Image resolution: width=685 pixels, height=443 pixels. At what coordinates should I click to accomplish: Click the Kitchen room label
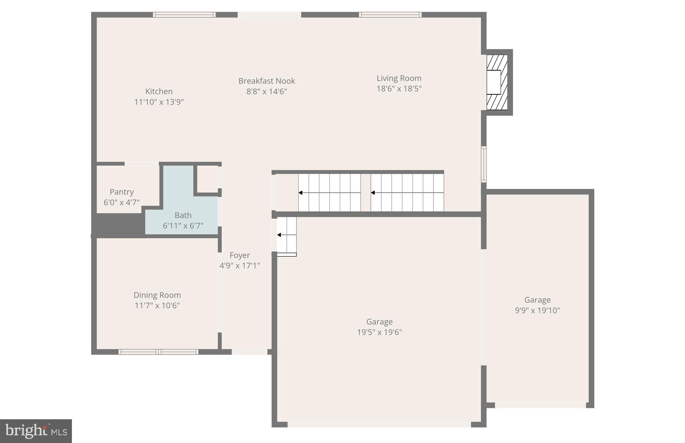coord(159,91)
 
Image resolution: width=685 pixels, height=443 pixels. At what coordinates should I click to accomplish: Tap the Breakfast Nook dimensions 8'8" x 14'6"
coord(267,91)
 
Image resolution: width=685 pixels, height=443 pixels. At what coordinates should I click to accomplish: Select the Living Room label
coord(399,78)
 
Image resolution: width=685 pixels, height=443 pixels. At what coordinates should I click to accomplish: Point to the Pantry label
coord(121,192)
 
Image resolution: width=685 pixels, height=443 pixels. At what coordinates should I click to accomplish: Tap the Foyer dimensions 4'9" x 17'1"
coord(239,265)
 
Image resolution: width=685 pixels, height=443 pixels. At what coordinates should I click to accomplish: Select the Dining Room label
coord(157,295)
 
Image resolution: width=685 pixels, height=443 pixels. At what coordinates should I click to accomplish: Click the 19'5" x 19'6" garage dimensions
coord(379,332)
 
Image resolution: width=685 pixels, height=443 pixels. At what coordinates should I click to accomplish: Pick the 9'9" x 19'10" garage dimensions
coord(537,310)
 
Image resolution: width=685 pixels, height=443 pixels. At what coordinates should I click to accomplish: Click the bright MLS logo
coord(36,431)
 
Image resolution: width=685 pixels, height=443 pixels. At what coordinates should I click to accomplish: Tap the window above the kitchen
coord(184,15)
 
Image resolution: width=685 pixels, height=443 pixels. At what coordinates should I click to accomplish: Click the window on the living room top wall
coord(390,15)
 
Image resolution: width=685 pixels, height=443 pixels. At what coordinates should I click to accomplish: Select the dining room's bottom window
coord(158,352)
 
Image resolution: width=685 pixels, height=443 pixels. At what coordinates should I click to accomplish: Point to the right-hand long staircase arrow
coord(407,193)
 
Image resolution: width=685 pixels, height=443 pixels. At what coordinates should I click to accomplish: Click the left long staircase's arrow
coord(329,193)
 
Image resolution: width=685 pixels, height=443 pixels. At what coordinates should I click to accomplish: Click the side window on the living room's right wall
coord(484,164)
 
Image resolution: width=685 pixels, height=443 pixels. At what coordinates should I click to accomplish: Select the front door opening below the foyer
coord(250,352)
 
